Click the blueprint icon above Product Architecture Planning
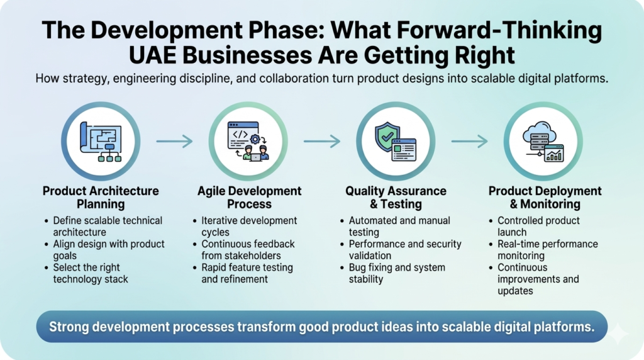click(x=101, y=142)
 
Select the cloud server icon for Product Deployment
click(x=543, y=142)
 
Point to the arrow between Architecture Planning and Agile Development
click(x=175, y=141)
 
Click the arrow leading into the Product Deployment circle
click(x=469, y=141)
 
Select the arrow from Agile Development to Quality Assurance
click(x=322, y=141)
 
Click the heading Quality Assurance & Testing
click(x=396, y=197)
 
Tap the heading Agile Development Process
click(x=249, y=197)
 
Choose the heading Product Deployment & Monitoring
click(x=545, y=197)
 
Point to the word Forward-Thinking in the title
click(x=466, y=30)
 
